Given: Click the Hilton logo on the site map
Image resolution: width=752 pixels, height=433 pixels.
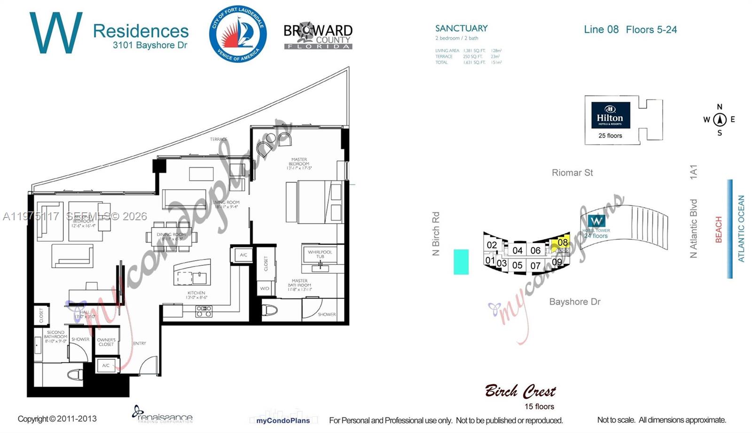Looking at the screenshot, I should click(610, 115).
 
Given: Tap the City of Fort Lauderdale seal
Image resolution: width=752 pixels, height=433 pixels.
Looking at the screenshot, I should click(238, 34).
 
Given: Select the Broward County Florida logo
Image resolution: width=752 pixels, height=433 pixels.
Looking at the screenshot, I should click(318, 36).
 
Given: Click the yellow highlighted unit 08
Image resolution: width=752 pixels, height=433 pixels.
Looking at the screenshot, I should click(562, 243).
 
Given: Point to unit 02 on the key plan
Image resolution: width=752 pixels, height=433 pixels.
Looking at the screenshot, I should click(492, 245).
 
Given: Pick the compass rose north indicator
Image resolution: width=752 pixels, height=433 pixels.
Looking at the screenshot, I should click(720, 119).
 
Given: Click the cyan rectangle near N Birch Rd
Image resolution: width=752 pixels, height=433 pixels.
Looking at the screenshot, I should click(461, 262).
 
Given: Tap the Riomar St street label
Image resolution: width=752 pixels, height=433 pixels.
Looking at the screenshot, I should click(572, 173).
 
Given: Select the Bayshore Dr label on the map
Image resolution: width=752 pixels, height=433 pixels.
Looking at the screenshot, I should click(575, 302).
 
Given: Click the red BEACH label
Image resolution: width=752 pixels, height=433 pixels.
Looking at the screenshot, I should click(718, 230).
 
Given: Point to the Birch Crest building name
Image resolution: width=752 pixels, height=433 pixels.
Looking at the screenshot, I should click(520, 391).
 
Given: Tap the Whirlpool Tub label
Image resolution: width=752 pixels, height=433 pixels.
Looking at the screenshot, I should click(320, 254).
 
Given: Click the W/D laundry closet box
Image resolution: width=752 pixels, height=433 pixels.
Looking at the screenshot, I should click(265, 288).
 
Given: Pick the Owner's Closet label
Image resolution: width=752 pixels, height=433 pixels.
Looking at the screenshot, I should click(106, 342).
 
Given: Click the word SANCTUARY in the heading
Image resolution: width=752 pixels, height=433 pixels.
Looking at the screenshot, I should click(461, 28).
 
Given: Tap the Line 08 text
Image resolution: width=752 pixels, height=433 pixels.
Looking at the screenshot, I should click(601, 30).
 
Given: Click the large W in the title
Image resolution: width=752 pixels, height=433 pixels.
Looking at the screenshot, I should click(55, 33).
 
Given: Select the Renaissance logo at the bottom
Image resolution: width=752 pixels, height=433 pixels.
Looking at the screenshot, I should click(163, 415).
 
